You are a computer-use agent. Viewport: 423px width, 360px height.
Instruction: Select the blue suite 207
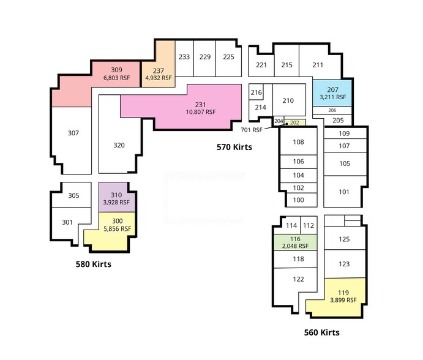point(332,93)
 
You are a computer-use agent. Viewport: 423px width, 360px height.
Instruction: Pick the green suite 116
point(296,242)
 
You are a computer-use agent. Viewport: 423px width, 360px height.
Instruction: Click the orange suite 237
point(159,74)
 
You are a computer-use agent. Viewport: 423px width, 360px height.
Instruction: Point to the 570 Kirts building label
point(234,147)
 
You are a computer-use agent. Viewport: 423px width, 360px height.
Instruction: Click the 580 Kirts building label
point(93,264)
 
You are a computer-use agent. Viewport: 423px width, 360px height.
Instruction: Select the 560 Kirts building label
point(321,332)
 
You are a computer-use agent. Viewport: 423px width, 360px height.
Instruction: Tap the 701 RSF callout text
point(252,130)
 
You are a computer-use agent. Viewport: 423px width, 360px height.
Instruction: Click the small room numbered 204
point(279,121)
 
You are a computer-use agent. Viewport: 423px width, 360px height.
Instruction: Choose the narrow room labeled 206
point(332,110)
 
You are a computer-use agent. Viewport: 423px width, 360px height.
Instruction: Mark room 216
point(256,92)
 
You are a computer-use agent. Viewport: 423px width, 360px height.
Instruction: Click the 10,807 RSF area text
point(201,112)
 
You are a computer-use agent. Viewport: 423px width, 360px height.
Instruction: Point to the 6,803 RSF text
point(116,78)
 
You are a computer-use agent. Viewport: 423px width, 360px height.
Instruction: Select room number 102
point(298,188)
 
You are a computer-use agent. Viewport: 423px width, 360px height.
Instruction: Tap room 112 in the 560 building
point(309,225)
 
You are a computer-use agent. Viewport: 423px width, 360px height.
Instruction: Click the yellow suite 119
point(340,297)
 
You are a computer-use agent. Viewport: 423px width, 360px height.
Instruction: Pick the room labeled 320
point(119,145)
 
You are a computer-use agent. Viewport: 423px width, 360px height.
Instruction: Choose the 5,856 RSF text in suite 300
point(118,229)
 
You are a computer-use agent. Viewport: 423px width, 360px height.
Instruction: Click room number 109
point(344,133)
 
